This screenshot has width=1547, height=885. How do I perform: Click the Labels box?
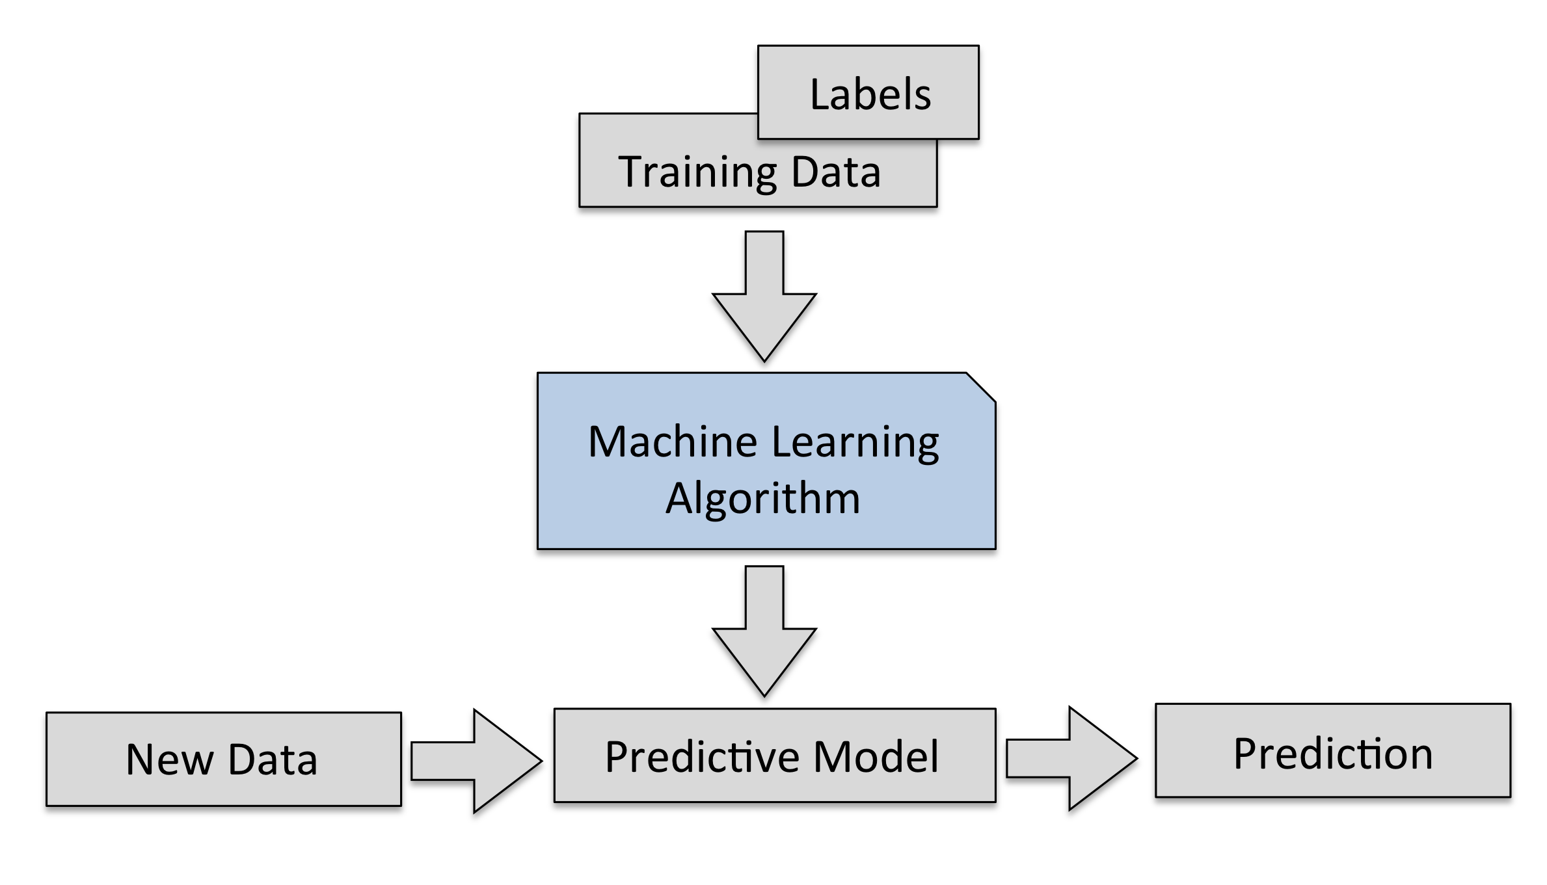[868, 93]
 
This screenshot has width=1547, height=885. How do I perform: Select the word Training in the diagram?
[697, 172]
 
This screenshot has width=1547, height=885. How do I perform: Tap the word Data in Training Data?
[836, 172]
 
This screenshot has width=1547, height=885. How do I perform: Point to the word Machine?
[673, 442]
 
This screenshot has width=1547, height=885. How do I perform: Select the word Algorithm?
[762, 499]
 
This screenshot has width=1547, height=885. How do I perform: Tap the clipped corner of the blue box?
[982, 387]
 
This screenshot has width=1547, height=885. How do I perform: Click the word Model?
[876, 756]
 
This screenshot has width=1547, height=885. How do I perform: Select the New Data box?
[223, 759]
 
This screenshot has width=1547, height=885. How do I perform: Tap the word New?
[170, 760]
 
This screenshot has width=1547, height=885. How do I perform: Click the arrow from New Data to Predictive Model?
[476, 760]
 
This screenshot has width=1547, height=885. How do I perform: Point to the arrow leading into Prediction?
[1071, 758]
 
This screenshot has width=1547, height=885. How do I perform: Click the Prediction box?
[1332, 750]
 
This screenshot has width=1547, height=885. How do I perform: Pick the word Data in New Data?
[273, 760]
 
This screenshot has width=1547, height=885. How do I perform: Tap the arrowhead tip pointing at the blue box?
[764, 360]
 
